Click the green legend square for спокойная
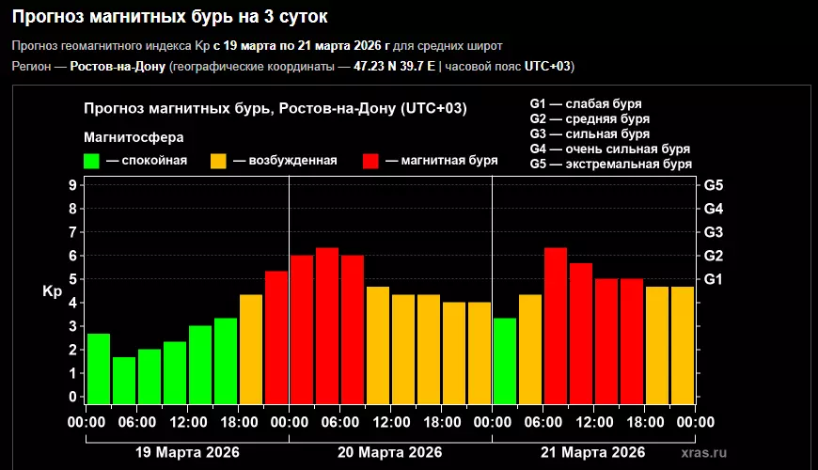coord(91,161)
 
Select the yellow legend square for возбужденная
coord(218,161)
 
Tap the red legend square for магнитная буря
coord(370,161)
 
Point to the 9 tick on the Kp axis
coord(72,185)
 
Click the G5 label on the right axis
coord(713,185)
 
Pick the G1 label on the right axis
coord(713,279)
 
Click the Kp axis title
coord(53,291)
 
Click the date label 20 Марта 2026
coord(390,452)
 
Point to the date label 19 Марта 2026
coord(187,452)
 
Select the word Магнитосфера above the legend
coord(134,137)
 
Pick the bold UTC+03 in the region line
coord(546,66)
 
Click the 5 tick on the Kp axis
coord(72,279)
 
